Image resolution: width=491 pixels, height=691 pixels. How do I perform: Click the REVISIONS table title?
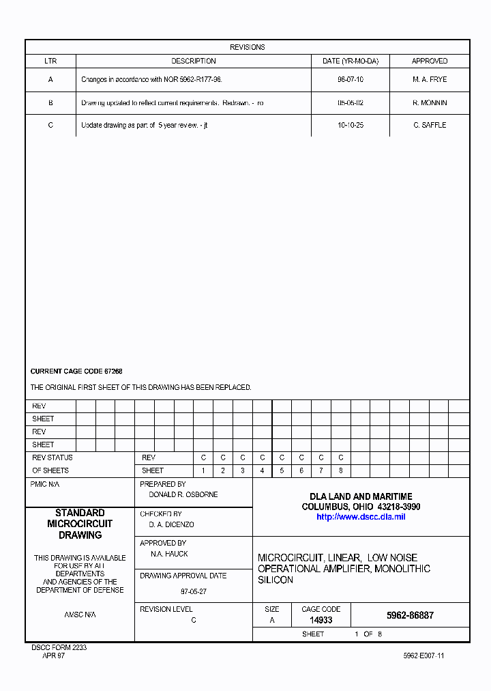click(x=247, y=47)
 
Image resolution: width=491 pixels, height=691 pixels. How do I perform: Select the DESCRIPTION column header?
click(x=194, y=61)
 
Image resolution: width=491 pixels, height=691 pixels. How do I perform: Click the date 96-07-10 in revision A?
click(x=350, y=79)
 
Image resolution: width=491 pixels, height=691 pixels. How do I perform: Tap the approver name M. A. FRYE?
click(x=430, y=79)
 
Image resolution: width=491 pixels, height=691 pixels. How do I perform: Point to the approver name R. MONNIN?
click(x=430, y=102)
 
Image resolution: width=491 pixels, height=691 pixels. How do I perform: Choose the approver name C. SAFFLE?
click(x=430, y=125)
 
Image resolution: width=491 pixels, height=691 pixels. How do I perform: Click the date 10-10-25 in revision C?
click(x=350, y=125)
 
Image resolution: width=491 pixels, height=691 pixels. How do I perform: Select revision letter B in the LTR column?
click(x=50, y=102)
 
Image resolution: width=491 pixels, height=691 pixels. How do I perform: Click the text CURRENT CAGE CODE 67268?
click(x=76, y=371)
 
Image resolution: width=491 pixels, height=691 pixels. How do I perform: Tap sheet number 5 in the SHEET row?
click(x=282, y=470)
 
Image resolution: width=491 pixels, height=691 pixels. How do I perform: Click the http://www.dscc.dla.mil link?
click(x=361, y=517)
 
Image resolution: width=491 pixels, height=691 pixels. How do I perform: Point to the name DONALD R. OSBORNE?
click(x=183, y=494)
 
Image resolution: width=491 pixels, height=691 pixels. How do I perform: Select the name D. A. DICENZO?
click(x=171, y=524)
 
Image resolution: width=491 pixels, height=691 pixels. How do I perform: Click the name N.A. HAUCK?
click(x=169, y=554)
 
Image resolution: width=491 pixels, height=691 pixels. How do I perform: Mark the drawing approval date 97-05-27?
click(x=194, y=591)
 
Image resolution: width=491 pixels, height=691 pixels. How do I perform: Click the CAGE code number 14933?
click(x=321, y=620)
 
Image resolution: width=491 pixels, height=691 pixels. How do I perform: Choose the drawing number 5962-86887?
click(x=410, y=615)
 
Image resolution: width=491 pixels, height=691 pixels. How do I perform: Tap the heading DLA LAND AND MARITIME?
click(x=361, y=496)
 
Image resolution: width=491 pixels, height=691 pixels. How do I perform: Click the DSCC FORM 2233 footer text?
click(x=59, y=647)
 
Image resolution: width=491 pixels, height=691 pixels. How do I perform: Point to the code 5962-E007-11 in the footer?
click(x=423, y=655)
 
